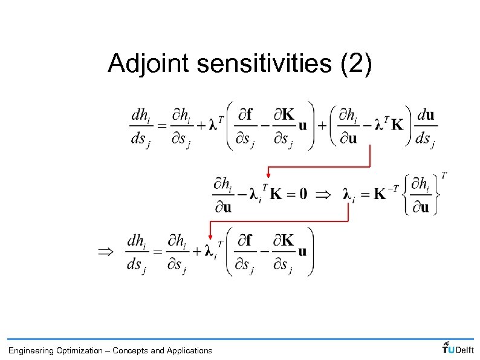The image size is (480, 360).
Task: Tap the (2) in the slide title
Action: pos(356,64)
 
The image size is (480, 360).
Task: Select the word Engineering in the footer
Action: pos(31,350)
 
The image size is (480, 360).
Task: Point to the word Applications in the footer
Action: pos(189,350)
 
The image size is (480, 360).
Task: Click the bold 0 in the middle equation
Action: pos(303,194)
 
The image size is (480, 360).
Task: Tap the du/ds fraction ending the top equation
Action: pos(425,127)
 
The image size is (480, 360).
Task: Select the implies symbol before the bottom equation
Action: pos(105,251)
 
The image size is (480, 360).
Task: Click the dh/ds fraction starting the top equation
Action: pos(140,127)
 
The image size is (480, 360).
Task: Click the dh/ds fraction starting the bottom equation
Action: pos(136,252)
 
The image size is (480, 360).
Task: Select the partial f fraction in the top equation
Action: pos(245,127)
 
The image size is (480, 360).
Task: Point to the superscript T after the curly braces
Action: pos(444,175)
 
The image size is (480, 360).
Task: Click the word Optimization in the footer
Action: pos(79,350)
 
